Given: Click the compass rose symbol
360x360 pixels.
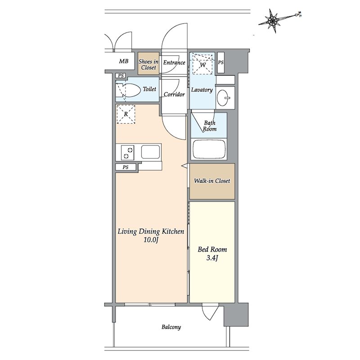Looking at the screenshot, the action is coord(273,21).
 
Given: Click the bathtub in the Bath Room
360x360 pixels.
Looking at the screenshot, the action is coord(209,149).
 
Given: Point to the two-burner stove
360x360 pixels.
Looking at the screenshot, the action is coord(127,153).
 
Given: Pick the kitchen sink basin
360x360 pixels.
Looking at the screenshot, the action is coord(150,152).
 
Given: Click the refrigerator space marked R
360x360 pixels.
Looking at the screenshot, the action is coord(126,114).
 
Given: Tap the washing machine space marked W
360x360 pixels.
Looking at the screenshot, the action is coord(202,64).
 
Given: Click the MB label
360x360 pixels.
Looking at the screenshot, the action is coord(123,61).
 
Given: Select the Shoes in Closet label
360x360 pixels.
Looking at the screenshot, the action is coord(148,64).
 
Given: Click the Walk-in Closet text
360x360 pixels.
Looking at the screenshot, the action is coord(212,181).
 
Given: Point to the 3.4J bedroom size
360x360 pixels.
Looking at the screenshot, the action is coord(212,258).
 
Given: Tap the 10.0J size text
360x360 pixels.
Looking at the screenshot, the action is coord(151,240).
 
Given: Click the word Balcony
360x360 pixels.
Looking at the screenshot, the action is coord(171,327).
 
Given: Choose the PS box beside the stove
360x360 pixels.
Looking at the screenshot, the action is coord(126,167).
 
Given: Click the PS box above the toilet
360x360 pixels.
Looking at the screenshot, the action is coord(121,76).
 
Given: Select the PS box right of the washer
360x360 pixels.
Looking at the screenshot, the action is coord(220,63).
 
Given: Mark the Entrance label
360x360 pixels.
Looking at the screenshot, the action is coord(174,63).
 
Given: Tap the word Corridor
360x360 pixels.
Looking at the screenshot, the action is coord(174,94).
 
